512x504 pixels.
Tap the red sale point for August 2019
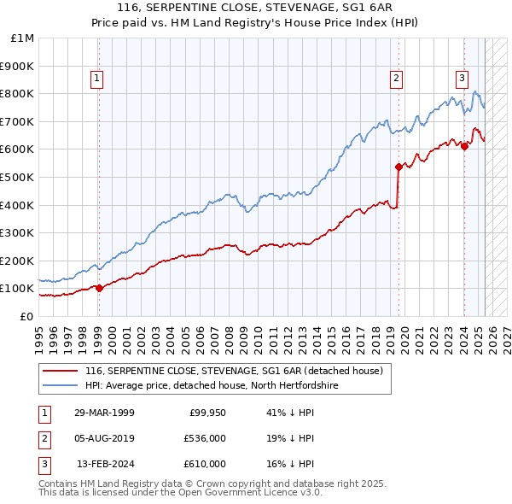point(399,167)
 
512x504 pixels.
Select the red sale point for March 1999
point(99,288)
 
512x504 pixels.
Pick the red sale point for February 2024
point(464,146)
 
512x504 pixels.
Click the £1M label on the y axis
point(23,38)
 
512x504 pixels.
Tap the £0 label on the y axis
point(26,316)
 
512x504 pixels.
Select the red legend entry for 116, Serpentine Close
point(238,371)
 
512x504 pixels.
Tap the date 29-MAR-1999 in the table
point(104,413)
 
